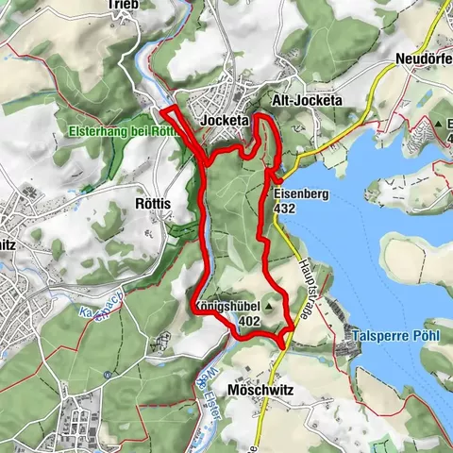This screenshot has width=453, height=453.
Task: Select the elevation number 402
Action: coord(250,321)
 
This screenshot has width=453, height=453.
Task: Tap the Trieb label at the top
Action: coord(124,5)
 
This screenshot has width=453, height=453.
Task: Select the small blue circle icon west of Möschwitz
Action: coord(107,374)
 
